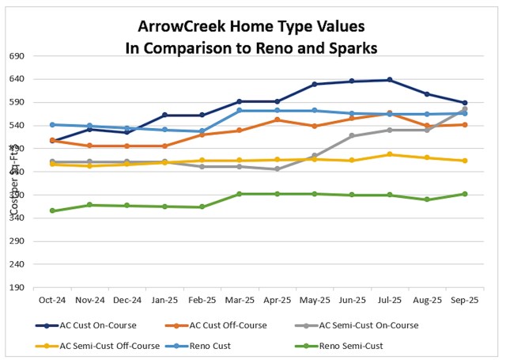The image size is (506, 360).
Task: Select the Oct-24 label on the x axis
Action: tap(52, 301)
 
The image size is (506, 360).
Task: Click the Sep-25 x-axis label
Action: tap(464, 301)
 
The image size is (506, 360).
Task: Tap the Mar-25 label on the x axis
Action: tap(240, 301)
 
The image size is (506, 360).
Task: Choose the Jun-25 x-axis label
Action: tap(352, 301)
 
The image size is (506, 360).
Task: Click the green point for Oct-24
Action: tap(52, 210)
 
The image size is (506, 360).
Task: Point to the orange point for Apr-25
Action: tap(277, 120)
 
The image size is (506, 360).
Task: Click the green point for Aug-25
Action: tap(427, 199)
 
